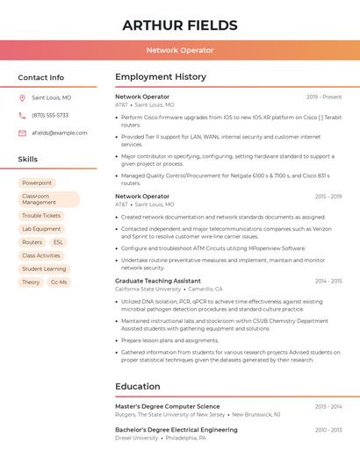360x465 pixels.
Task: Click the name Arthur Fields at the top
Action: pyautogui.click(x=180, y=25)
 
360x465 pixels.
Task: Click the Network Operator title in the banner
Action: pyautogui.click(x=180, y=50)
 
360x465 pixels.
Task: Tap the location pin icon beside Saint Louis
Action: pyautogui.click(x=22, y=98)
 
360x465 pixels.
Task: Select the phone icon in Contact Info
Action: pyautogui.click(x=22, y=115)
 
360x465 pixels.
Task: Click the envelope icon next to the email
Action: pyautogui.click(x=22, y=133)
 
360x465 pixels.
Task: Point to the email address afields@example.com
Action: pyautogui.click(x=60, y=133)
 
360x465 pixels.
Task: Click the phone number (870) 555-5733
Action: pyautogui.click(x=50, y=115)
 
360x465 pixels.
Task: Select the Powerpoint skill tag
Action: pyautogui.click(x=37, y=183)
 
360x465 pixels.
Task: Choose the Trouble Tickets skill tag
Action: pyautogui.click(x=41, y=216)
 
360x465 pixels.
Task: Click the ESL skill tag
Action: pyautogui.click(x=58, y=242)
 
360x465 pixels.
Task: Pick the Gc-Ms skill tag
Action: pyautogui.click(x=59, y=283)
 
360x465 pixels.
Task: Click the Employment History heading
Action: pyautogui.click(x=161, y=77)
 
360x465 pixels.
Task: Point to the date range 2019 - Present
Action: pyautogui.click(x=324, y=97)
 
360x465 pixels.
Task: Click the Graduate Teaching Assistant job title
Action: pyautogui.click(x=158, y=281)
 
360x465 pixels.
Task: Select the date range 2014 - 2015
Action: pyautogui.click(x=328, y=282)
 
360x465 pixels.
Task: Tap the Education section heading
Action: pyautogui.click(x=138, y=386)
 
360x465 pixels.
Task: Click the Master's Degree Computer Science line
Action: pyautogui.click(x=168, y=406)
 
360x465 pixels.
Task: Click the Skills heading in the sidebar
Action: pyautogui.click(x=28, y=160)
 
